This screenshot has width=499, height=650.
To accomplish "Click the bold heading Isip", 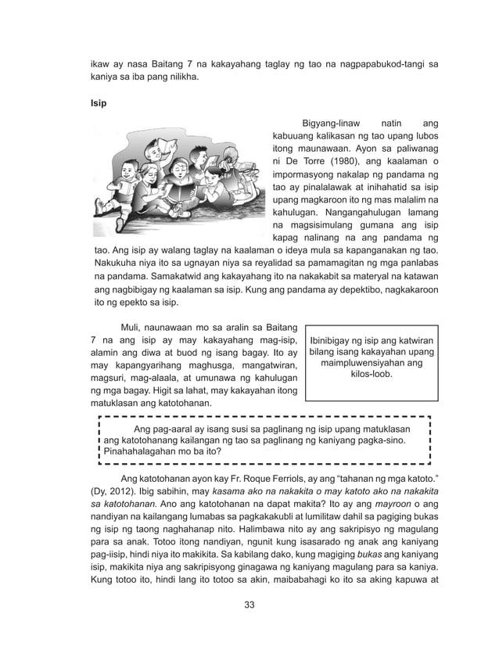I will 97,102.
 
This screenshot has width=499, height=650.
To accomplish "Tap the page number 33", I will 249,605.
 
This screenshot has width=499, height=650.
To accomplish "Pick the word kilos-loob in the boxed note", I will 372,375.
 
